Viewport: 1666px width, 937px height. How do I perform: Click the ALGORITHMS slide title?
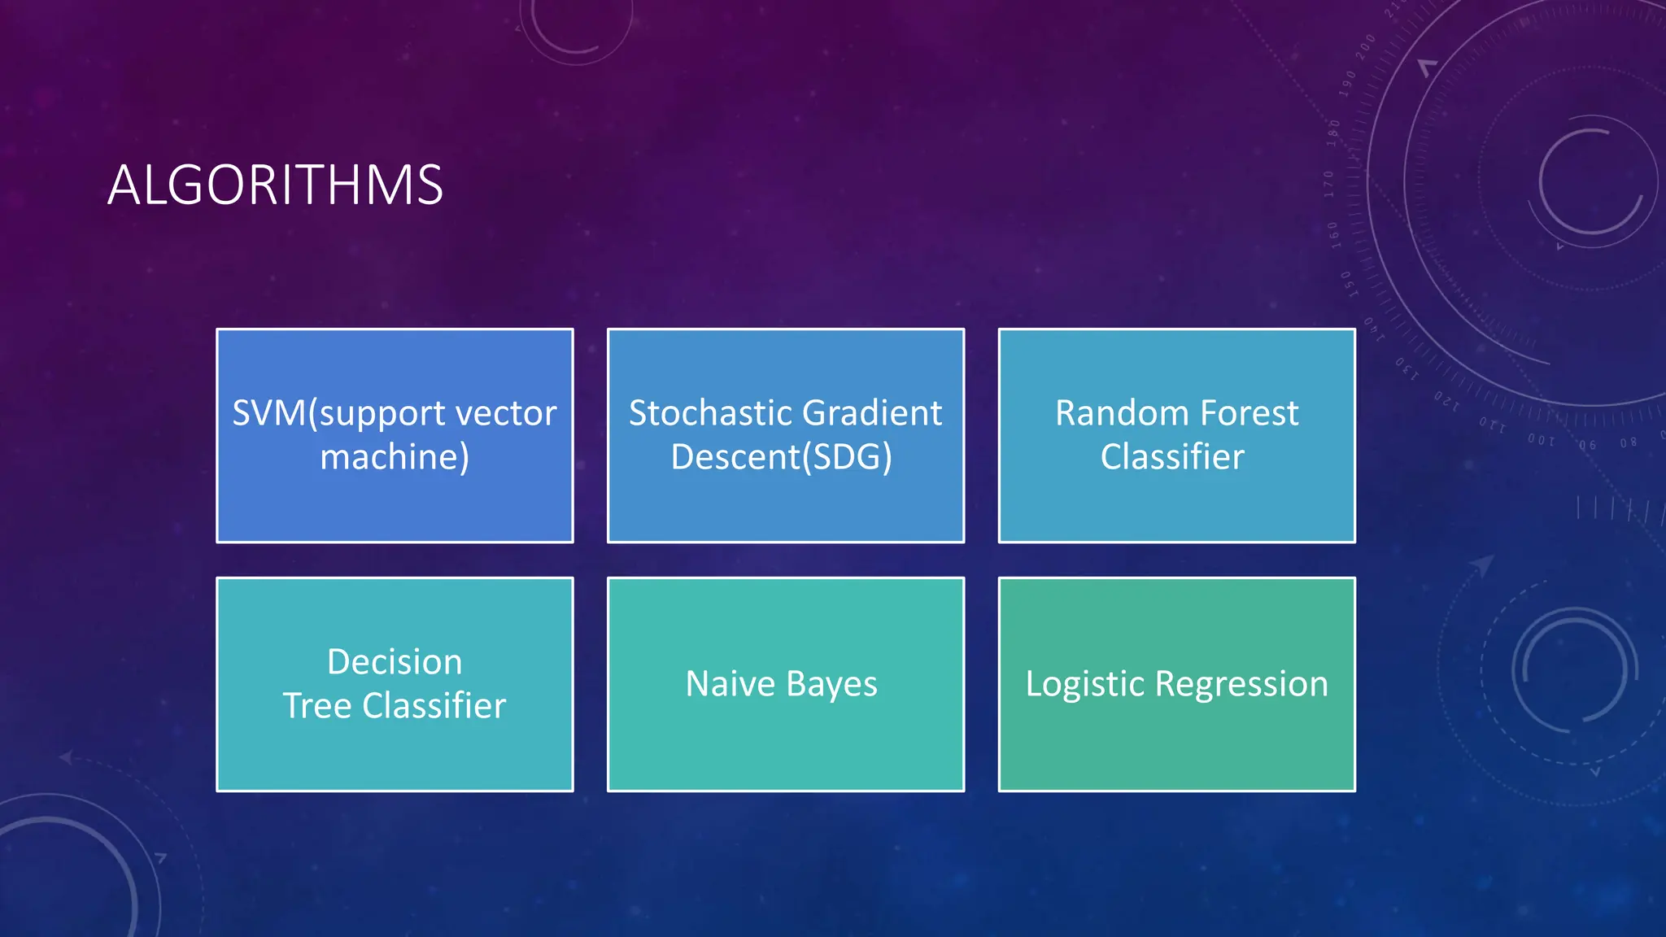(x=275, y=185)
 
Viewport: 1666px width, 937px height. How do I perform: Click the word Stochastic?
(x=704, y=413)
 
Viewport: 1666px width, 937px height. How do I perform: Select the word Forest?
(x=1249, y=413)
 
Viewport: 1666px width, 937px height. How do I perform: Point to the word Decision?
(x=395, y=662)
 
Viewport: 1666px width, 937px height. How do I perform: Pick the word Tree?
(x=317, y=706)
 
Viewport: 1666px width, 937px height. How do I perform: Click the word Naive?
(x=731, y=684)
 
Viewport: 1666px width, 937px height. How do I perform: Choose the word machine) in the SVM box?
(x=395, y=457)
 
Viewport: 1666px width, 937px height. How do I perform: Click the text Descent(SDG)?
(x=781, y=457)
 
